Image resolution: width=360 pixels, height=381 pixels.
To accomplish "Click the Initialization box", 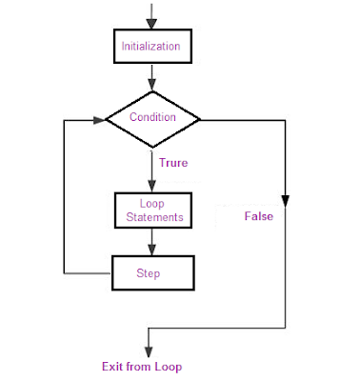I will pyautogui.click(x=151, y=45).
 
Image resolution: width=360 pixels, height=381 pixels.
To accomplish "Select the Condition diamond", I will pyautogui.click(x=152, y=119).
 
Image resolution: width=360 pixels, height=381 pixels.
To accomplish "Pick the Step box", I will pyautogui.click(x=152, y=272).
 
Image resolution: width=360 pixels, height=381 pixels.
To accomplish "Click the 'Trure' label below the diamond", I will pyautogui.click(x=172, y=163).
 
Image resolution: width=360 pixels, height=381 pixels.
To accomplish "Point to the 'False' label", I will pyautogui.click(x=258, y=216).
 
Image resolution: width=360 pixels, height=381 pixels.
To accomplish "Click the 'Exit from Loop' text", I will pyautogui.click(x=142, y=366).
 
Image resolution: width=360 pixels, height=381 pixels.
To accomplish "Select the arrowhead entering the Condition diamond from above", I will pyautogui.click(x=151, y=87).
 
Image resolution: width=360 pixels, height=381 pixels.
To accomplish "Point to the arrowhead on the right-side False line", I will pyautogui.click(x=285, y=202).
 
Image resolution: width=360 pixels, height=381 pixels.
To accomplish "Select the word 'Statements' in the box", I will pyautogui.click(x=153, y=218).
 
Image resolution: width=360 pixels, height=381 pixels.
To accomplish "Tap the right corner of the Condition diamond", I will pyautogui.click(x=201, y=119).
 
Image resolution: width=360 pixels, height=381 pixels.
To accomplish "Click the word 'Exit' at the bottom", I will pyautogui.click(x=112, y=366).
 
